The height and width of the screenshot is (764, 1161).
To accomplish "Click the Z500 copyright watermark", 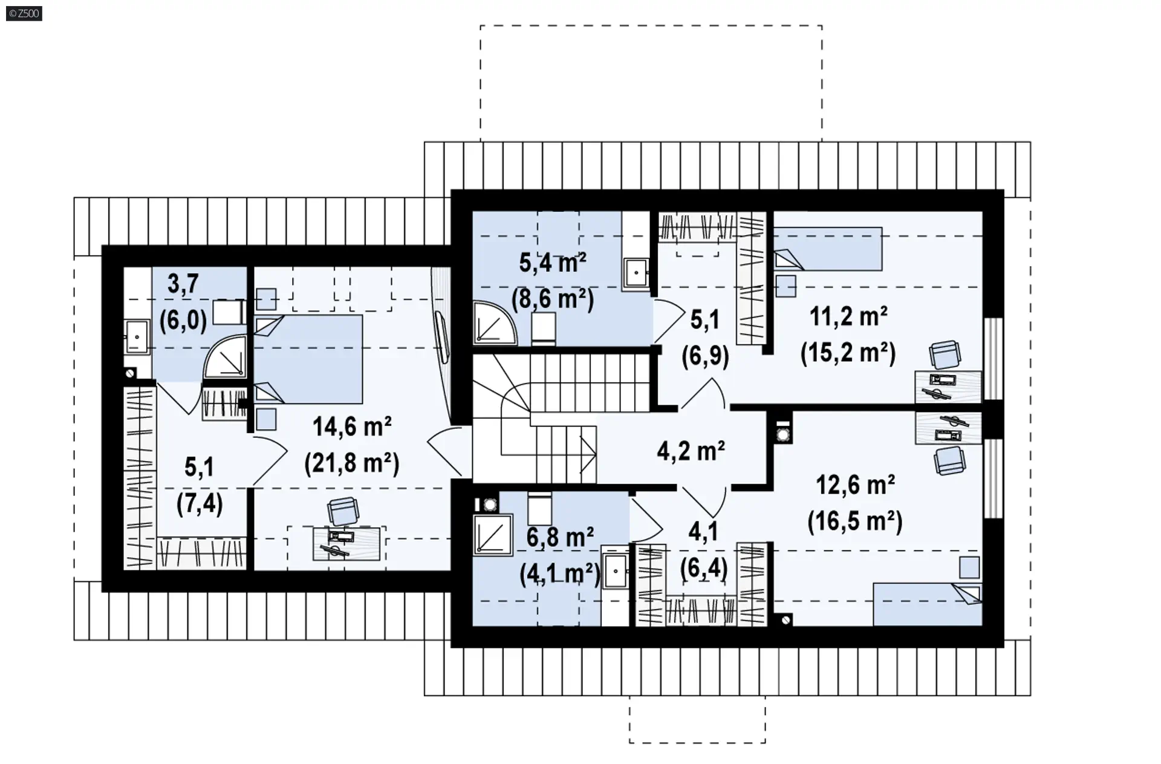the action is (24, 13).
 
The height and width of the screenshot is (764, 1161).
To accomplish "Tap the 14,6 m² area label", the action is (352, 427).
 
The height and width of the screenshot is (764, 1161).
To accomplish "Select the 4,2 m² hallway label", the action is (691, 451).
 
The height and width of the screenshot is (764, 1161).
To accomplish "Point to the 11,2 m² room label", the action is (848, 316).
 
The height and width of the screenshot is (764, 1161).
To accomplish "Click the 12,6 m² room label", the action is (855, 485).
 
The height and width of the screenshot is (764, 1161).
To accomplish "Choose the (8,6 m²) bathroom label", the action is (553, 298).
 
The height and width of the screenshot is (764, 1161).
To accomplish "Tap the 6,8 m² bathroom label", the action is (560, 537).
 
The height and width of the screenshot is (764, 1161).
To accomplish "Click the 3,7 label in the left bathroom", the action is (183, 284).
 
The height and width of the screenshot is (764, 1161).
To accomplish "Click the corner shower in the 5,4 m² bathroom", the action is (495, 323).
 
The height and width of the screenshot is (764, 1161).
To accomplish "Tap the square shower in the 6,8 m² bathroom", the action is (493, 535).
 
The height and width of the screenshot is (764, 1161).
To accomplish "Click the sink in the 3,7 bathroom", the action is (137, 336).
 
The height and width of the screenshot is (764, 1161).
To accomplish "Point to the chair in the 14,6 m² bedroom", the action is (342, 511).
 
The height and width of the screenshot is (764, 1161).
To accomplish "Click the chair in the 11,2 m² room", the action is (945, 354).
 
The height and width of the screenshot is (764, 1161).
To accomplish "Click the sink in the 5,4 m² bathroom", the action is (636, 273).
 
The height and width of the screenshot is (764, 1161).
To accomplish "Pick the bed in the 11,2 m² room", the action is (828, 249).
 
